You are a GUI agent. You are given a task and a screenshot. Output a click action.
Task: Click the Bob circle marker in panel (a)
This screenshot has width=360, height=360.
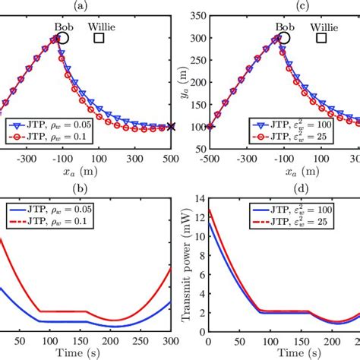coord(63,37)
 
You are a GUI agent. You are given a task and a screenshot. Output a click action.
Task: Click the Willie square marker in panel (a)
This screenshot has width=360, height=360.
coord(99,37)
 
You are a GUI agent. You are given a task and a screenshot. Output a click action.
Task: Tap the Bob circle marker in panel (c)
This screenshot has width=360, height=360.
coord(285,37)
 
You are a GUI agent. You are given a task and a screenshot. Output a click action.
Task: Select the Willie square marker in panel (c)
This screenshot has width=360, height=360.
coord(321,37)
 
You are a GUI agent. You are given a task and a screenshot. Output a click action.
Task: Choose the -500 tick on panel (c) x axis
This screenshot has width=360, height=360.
coord(210,162)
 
